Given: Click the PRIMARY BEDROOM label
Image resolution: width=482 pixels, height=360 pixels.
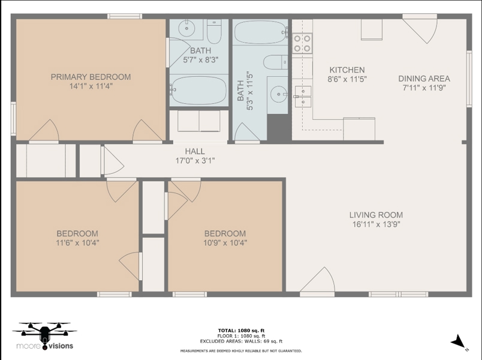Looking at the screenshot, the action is coord(91,77).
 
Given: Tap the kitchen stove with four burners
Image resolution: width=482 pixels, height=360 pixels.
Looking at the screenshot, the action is coord(302,43).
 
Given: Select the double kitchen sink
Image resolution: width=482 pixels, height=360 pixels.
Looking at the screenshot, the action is coord(303,97).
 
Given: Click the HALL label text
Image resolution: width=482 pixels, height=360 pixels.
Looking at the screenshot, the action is coord(195,151).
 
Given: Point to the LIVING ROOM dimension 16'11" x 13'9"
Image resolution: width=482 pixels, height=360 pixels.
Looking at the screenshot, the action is coord(376,224).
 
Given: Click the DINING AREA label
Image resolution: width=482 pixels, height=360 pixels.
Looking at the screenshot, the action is coord(424,79).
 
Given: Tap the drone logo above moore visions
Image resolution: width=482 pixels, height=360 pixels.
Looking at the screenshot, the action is coord(44,332).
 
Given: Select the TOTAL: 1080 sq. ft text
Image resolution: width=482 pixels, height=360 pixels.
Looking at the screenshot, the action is coord(242,331).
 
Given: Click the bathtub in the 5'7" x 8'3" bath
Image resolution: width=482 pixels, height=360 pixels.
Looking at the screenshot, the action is coord(198,90).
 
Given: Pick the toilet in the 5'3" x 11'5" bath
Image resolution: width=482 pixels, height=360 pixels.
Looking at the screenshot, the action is coord(275,62).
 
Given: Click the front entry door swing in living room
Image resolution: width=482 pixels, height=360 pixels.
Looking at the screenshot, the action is coord(317,280).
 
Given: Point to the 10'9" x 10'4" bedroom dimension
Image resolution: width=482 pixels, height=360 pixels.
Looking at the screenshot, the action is coord(225,243).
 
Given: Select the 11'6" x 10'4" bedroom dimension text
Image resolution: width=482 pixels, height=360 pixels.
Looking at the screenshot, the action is coord(77,243).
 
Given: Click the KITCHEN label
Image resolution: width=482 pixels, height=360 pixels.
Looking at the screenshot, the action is coord(347,70).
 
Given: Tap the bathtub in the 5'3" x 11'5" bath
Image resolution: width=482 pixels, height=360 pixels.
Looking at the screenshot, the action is coord(260,32).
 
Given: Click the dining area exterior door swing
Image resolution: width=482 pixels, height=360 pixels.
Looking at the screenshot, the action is coord(420,31).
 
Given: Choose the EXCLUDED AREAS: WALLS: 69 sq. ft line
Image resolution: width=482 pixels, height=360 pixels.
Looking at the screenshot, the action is coord(241,341).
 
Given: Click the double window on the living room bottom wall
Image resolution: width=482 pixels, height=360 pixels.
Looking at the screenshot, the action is coord(398,294).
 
